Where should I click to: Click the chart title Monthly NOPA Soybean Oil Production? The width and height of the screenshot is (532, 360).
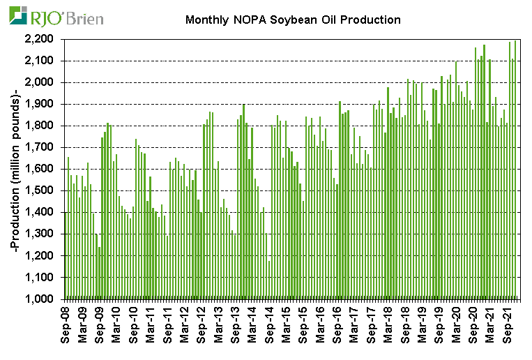[293, 20]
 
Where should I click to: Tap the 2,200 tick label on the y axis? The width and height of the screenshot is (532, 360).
[43, 39]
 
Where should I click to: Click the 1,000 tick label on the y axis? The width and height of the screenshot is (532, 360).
[43, 299]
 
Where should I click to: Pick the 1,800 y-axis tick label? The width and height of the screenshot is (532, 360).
[43, 126]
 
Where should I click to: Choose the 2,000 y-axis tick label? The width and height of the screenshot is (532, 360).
[43, 82]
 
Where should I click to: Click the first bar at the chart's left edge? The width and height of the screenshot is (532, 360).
[66, 255]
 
